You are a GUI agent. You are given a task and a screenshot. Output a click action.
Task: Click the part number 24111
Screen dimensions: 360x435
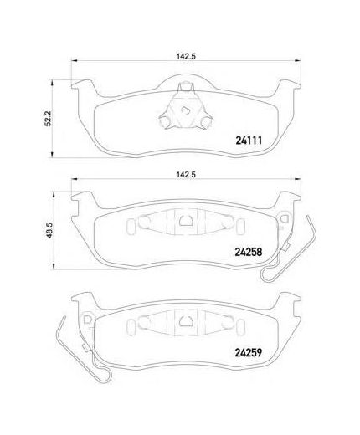point(249,141)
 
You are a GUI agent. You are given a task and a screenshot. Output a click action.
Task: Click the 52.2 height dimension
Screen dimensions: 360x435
point(48,119)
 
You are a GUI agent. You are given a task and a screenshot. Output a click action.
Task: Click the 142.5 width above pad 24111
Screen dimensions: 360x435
point(186,56)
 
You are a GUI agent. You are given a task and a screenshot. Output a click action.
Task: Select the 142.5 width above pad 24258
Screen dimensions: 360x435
point(186,175)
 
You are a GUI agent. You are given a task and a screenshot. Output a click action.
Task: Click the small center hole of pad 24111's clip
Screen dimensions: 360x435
point(185,110)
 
